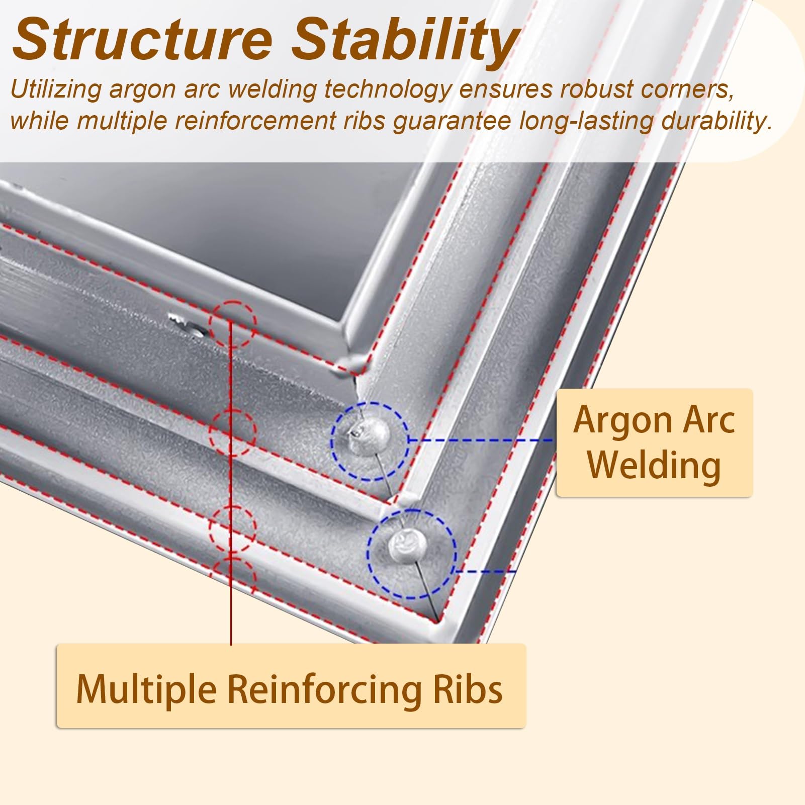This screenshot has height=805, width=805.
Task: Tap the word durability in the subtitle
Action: click(716, 122)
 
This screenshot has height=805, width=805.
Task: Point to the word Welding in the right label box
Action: click(654, 466)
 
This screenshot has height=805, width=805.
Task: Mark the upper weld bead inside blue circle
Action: click(370, 432)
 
